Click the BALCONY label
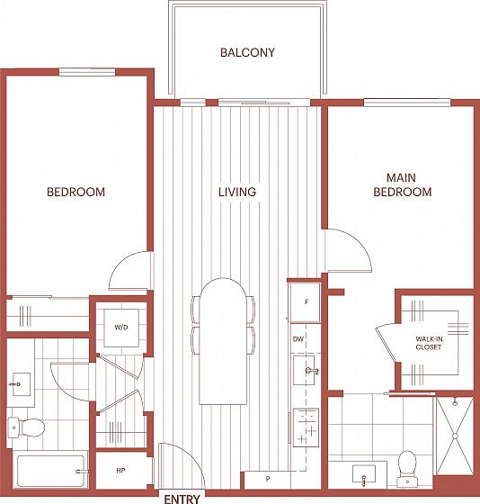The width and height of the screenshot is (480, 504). [247, 52]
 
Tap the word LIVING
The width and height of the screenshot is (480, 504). [237, 192]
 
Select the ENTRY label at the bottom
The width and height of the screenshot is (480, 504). [182, 499]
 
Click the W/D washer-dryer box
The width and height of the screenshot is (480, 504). [121, 328]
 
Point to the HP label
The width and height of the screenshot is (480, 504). [120, 471]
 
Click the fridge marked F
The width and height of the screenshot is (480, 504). [305, 302]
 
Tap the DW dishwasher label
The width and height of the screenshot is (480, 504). [298, 339]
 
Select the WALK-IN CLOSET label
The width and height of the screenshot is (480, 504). [429, 343]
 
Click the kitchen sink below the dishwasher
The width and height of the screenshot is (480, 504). [304, 370]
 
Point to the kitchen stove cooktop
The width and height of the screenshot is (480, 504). [306, 427]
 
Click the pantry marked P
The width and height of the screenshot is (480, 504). [268, 480]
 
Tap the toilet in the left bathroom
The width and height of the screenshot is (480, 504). [26, 427]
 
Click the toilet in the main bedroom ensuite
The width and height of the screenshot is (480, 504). [407, 468]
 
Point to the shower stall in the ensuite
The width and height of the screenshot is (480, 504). [455, 436]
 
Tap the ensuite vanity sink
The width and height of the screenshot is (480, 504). [364, 474]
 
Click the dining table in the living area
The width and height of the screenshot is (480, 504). [224, 341]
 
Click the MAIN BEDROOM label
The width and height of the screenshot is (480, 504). [402, 184]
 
